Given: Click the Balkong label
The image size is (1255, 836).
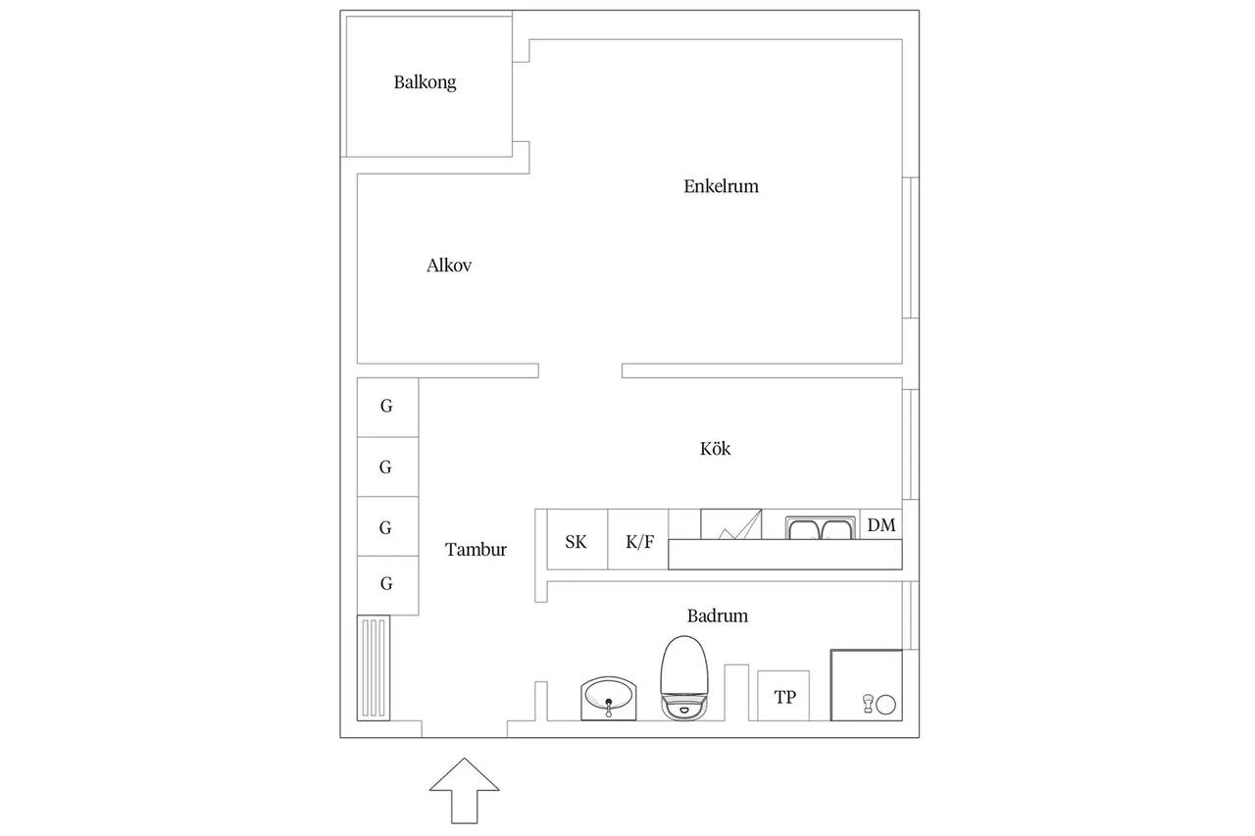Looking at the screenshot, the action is [x=425, y=82].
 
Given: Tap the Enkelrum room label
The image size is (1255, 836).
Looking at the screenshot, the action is [x=721, y=186].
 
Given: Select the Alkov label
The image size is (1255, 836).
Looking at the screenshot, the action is [x=449, y=265].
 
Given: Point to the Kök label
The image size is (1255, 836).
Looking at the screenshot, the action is [x=715, y=448].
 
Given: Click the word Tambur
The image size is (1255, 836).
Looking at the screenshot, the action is [x=476, y=549].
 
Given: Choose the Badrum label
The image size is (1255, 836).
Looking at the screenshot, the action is [x=717, y=615].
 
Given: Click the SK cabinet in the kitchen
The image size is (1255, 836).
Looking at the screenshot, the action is [x=577, y=539].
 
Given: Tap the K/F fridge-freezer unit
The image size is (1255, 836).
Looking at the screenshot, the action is [x=638, y=539].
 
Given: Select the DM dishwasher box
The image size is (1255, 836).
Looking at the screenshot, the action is [x=880, y=524].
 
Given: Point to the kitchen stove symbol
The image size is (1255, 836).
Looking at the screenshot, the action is [x=731, y=524].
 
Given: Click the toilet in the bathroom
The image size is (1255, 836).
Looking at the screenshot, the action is [x=684, y=677].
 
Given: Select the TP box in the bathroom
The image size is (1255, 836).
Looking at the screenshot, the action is [x=783, y=696].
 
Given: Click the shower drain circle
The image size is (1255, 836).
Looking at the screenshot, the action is [x=885, y=705].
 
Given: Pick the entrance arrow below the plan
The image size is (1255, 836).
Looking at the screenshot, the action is [x=465, y=791].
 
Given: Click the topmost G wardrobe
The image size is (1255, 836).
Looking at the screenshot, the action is [x=387, y=407].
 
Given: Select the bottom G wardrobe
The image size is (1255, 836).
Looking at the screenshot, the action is [x=387, y=585].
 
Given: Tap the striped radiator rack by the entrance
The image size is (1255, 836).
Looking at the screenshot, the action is [x=374, y=668].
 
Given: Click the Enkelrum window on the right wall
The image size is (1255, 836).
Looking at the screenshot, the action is [x=911, y=248].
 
